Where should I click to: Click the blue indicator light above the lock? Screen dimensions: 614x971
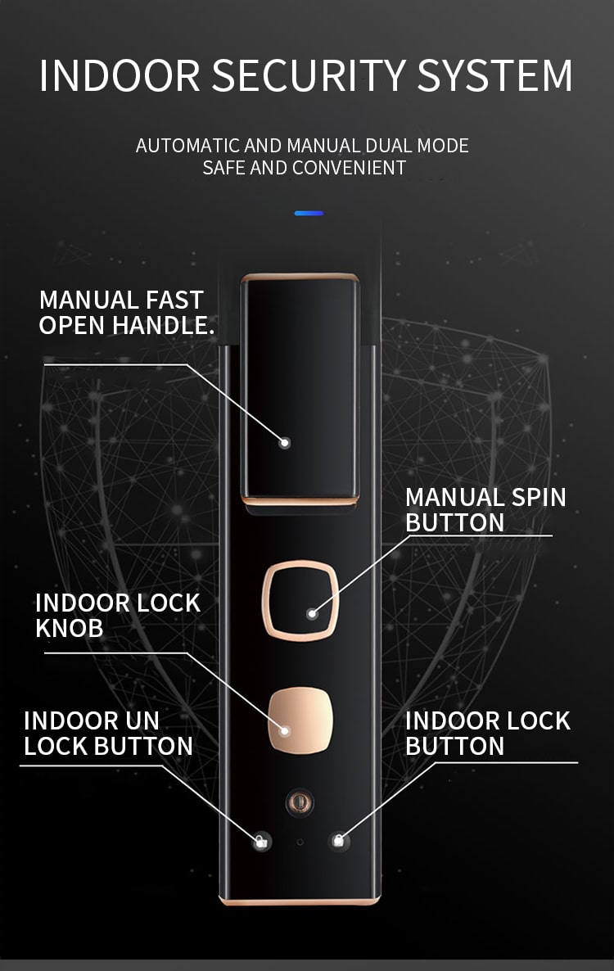(x=309, y=213)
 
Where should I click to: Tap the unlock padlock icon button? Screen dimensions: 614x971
(x=262, y=842)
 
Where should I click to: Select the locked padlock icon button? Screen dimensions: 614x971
(x=338, y=841)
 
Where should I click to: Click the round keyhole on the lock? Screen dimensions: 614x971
(x=300, y=802)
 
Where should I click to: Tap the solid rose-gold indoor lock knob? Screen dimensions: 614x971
(x=300, y=720)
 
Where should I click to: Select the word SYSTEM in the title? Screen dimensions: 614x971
(x=494, y=76)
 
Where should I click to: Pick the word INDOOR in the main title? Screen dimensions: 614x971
(x=120, y=76)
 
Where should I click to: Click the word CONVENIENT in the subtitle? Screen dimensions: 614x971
(x=349, y=168)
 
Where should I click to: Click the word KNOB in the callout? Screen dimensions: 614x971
(x=70, y=628)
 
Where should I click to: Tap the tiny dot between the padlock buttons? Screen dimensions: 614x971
(x=300, y=842)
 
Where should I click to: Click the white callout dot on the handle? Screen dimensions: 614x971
(x=285, y=443)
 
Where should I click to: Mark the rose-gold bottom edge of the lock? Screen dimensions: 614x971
(x=300, y=901)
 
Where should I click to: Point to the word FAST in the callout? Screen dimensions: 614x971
(x=174, y=300)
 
